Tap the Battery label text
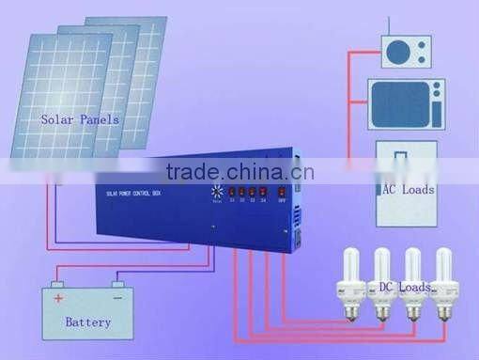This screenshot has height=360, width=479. pos(87,322)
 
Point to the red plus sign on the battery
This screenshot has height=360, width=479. pos(58,298)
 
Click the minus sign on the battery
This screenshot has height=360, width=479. pos(118,298)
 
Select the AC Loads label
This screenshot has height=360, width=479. pos(408,189)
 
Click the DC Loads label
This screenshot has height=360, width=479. pos(400,286)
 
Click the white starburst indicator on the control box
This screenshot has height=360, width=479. pos(217,191)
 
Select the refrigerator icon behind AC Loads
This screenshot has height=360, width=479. pos(407,183)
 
